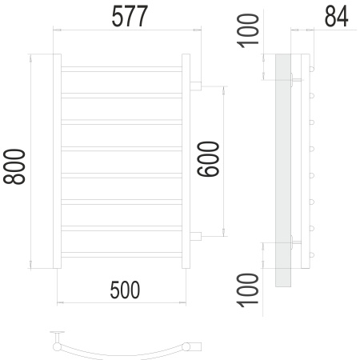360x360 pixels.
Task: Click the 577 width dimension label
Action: point(130,17)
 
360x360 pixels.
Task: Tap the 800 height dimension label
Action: point(14,166)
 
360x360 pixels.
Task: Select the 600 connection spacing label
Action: point(208,159)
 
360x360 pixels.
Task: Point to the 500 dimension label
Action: point(125,290)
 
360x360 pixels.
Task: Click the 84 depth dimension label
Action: point(336,16)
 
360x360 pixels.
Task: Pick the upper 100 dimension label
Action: point(248,31)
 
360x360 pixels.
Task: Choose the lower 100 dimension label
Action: point(248,290)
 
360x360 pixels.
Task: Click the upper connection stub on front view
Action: point(195,86)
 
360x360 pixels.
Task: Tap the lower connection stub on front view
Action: point(195,236)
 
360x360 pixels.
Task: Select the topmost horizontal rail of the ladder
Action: point(122,69)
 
